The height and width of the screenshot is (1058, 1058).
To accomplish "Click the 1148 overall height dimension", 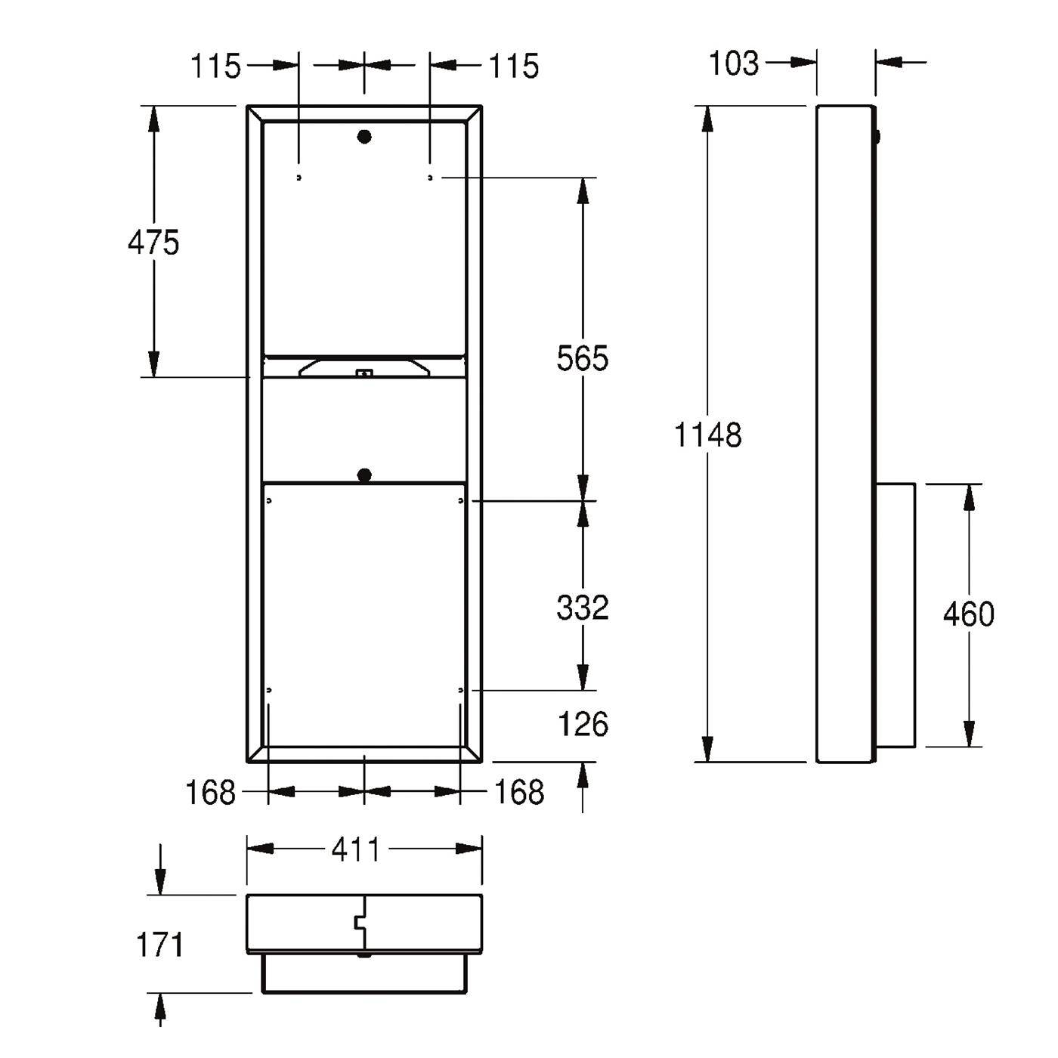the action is [x=707, y=435].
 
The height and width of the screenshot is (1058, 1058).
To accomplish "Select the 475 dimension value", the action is [x=153, y=242].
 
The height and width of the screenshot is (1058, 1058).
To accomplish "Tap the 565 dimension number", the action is [x=583, y=358].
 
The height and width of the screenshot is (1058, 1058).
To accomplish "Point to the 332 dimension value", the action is [x=583, y=608].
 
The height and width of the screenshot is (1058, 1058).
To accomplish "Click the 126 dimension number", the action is [x=583, y=724].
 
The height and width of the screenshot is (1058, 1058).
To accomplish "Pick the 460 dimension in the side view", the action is [x=969, y=614].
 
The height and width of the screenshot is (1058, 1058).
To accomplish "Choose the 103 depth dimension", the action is [x=734, y=63].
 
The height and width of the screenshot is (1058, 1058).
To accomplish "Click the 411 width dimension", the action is [x=355, y=850].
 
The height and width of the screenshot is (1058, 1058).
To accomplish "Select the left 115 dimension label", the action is [x=215, y=67].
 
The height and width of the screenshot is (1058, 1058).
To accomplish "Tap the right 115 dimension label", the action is [x=514, y=67].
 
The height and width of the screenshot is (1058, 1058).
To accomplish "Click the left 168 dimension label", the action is [x=211, y=792].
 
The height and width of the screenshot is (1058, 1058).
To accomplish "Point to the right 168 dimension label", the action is [x=519, y=792].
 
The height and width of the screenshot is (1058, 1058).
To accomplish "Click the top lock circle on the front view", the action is [x=364, y=137].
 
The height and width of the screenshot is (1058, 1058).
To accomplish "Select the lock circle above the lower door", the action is [x=364, y=475].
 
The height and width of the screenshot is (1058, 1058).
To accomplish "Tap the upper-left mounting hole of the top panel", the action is [x=299, y=178].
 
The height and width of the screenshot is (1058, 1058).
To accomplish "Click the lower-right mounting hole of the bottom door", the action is [x=460, y=690].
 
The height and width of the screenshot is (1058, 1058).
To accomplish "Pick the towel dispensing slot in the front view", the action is [x=364, y=367].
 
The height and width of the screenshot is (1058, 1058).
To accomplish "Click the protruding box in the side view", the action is [x=895, y=615].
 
